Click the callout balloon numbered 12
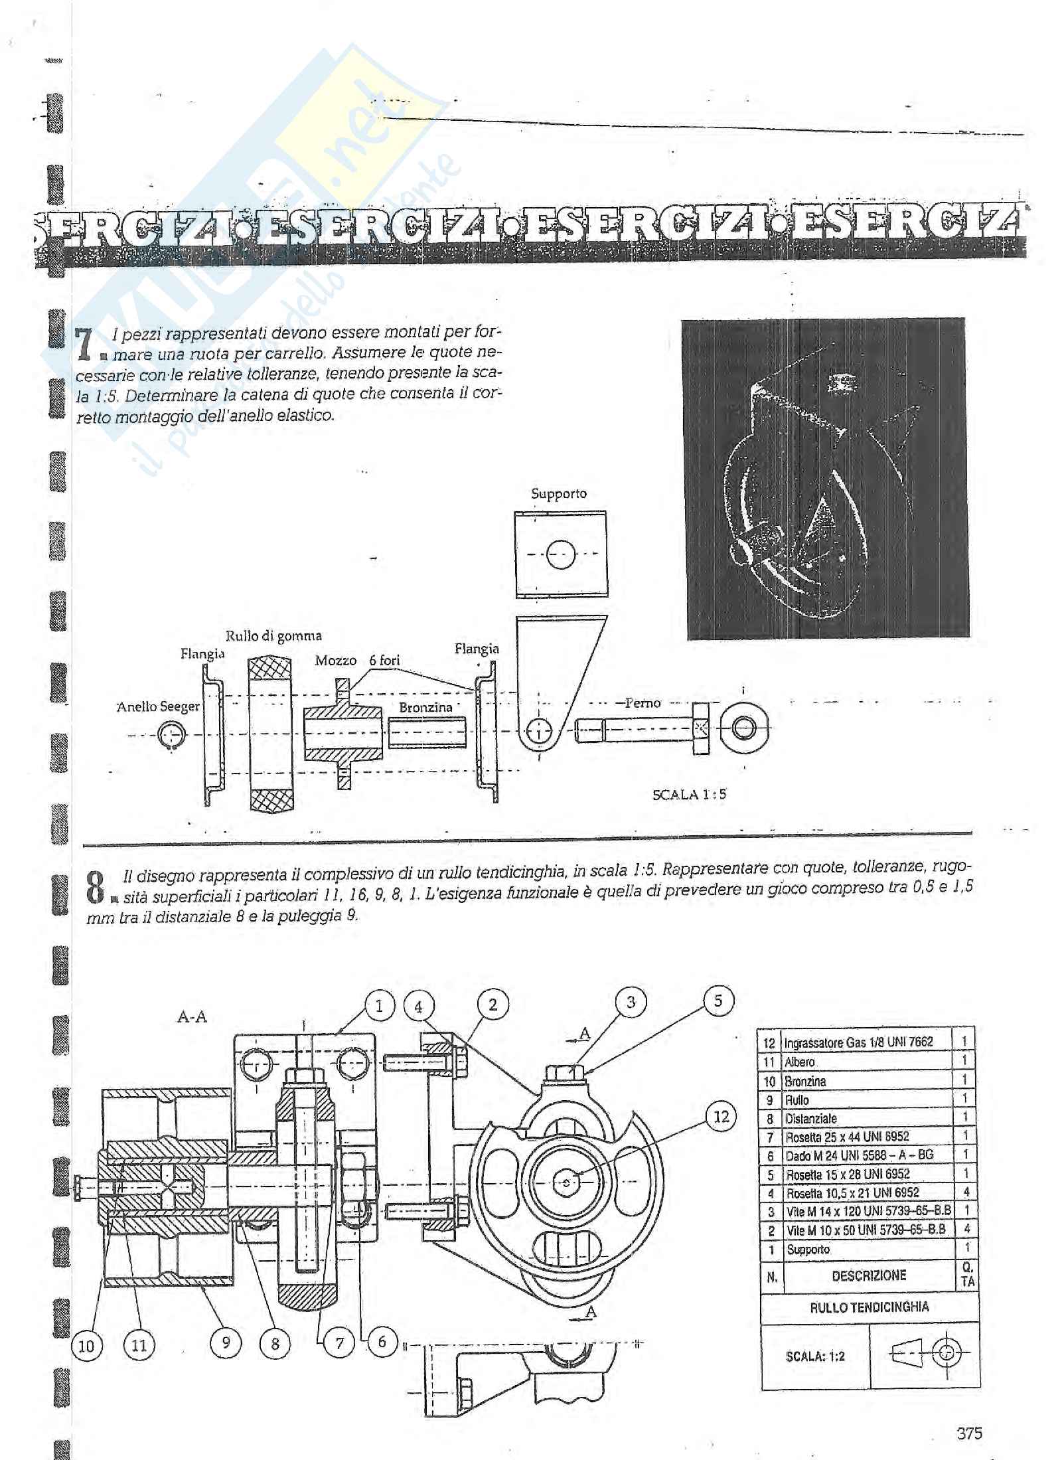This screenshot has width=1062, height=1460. [721, 1116]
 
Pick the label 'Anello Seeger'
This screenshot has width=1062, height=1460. [157, 706]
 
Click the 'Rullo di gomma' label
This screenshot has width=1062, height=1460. [273, 636]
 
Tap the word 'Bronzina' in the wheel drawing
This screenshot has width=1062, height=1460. [425, 707]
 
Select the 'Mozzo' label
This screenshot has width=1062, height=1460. [335, 661]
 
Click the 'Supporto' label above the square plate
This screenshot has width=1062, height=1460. [559, 494]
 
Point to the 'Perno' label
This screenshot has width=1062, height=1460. [643, 702]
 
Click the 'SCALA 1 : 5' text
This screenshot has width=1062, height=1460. [689, 794]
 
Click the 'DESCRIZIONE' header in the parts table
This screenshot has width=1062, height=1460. [868, 1275]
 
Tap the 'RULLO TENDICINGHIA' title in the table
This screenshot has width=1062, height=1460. [869, 1307]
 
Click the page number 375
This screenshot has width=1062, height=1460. [969, 1427]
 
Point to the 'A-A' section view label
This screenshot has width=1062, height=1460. [192, 1017]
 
